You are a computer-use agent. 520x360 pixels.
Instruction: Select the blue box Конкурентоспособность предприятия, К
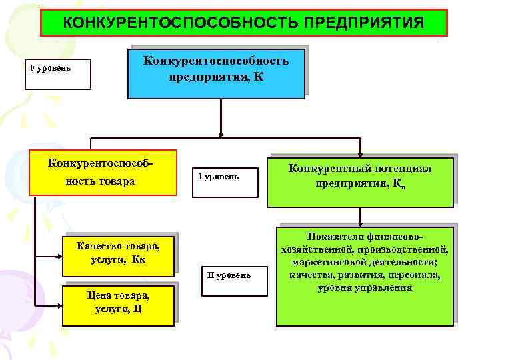216,72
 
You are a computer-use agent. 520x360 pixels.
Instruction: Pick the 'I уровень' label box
224,182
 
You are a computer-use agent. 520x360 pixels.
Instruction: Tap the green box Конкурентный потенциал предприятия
360,181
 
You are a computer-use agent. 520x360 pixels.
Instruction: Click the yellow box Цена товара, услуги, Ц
118,305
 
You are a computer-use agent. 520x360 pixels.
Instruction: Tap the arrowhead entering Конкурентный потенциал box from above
360,152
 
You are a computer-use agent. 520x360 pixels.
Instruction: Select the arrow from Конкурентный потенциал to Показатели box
360,215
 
